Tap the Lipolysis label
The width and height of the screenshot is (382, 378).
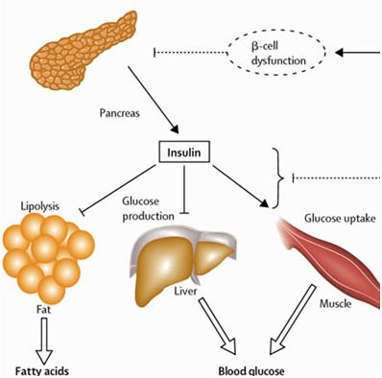(41, 205)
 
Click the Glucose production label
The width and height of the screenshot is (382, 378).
(148, 208)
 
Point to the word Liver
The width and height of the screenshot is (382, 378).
(184, 291)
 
